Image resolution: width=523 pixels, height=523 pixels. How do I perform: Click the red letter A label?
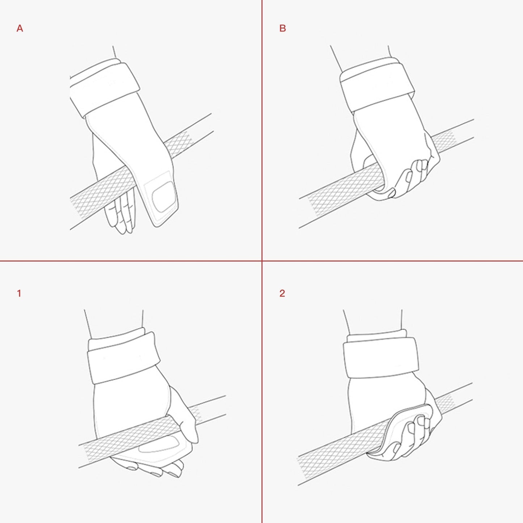20,28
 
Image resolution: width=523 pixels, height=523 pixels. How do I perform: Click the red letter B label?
283,28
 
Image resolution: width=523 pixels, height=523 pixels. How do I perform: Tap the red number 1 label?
19,294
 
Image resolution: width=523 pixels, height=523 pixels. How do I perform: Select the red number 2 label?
282,294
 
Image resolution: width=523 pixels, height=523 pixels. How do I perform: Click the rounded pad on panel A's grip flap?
163,195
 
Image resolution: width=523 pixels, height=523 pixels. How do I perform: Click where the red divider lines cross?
262,261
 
